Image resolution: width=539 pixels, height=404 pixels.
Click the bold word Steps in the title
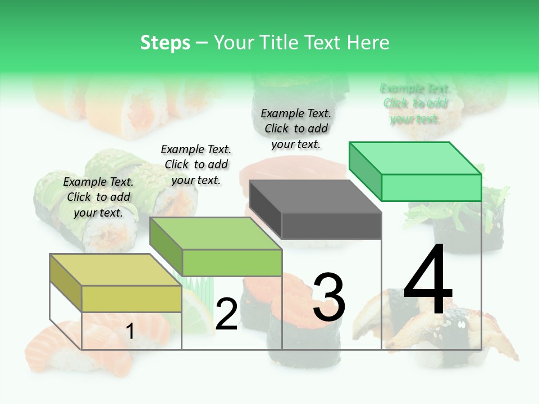[165, 43]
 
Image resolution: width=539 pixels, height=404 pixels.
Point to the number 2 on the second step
[226, 314]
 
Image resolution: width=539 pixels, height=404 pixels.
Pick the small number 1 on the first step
[130, 332]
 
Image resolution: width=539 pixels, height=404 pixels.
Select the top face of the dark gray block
[315, 196]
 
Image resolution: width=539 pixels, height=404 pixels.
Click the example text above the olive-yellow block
[98, 197]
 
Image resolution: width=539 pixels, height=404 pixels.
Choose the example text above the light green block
[196, 164]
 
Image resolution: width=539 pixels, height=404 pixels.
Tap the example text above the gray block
[296, 128]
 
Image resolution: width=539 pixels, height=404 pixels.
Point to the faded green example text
[415, 103]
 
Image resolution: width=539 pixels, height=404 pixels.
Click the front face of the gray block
[331, 226]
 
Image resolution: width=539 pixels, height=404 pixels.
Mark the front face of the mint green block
[431, 187]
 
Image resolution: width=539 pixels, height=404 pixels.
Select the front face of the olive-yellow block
[131, 299]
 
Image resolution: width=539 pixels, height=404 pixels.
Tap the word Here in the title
[368, 43]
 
